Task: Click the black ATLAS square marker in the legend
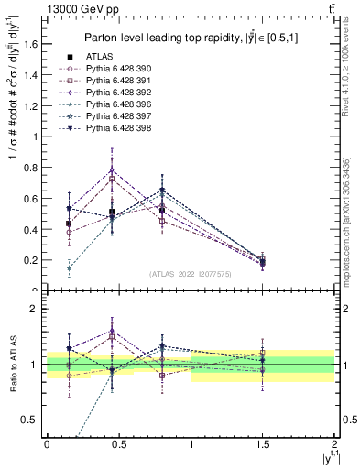point(67,58)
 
